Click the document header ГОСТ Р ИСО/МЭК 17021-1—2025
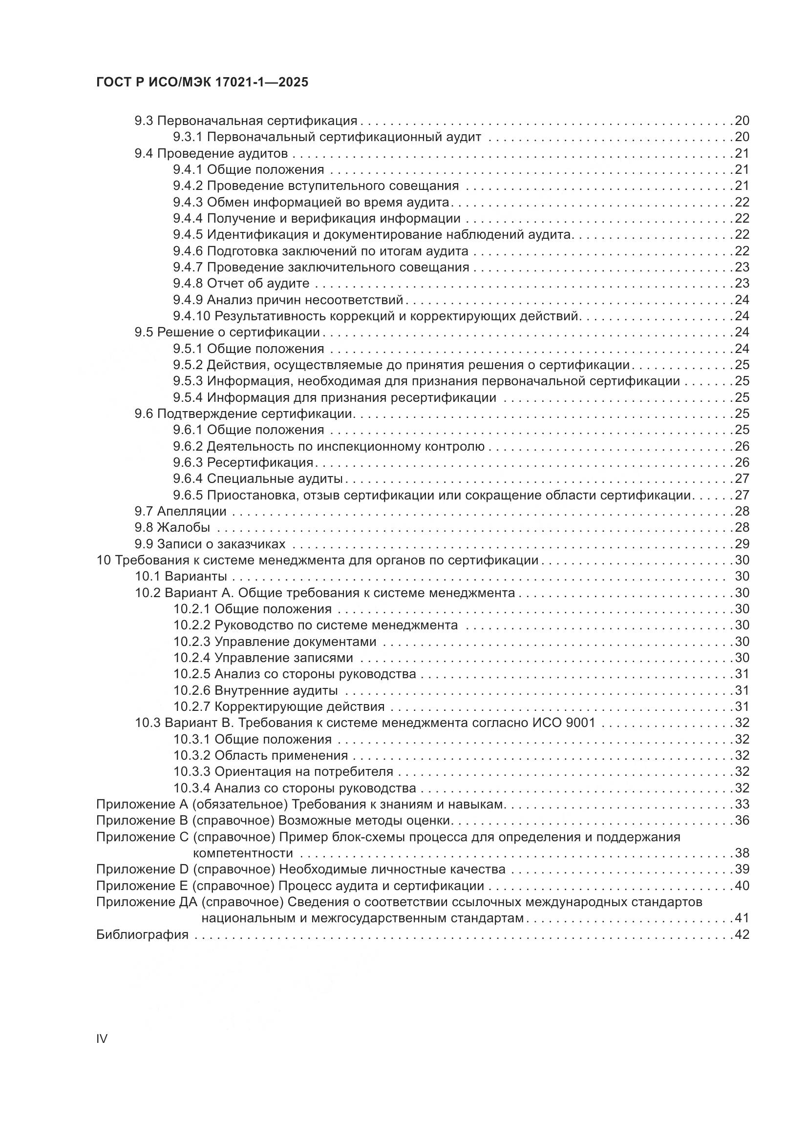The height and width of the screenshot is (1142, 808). (x=202, y=83)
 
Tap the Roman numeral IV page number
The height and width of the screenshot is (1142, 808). (x=102, y=1038)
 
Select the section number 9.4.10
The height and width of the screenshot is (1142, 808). (x=191, y=316)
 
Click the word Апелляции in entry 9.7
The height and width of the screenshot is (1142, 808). (x=191, y=511)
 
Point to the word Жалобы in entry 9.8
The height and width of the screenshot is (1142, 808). (x=184, y=527)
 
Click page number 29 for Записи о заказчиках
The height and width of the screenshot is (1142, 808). (x=742, y=543)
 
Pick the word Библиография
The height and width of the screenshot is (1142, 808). (x=142, y=934)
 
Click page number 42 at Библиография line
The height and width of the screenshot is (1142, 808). (x=742, y=934)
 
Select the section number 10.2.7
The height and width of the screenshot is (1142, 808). (x=191, y=706)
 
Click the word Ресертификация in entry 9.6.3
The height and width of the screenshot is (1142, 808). (x=260, y=462)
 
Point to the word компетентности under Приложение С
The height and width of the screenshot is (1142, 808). (x=243, y=853)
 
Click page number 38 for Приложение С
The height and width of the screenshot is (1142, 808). (x=742, y=853)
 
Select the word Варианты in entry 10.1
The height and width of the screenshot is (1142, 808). (x=196, y=577)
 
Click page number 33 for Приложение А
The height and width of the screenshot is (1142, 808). (x=742, y=804)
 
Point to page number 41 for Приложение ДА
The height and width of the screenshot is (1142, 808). (x=742, y=918)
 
